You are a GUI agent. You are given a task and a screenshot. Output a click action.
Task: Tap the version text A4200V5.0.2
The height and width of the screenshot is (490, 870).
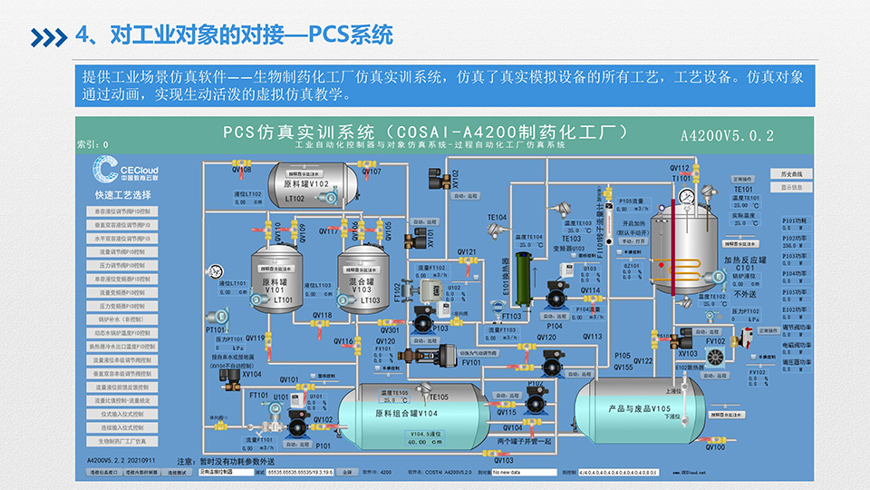click(x=727, y=136)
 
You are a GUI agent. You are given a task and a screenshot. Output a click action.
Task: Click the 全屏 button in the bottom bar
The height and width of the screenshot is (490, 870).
click(x=347, y=473)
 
